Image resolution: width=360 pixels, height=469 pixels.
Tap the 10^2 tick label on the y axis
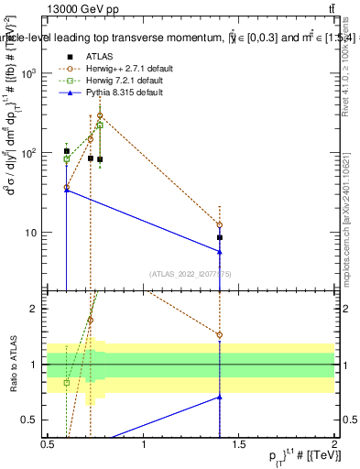30,153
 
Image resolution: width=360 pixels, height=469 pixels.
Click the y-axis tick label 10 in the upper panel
33,233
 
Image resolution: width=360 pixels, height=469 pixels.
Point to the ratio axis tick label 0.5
33,420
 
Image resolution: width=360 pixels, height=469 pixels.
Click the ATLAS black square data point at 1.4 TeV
220,237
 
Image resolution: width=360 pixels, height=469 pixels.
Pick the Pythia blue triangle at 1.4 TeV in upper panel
220,252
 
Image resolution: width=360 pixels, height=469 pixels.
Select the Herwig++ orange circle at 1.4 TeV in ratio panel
220,334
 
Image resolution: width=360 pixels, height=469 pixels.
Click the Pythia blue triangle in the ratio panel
220,397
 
